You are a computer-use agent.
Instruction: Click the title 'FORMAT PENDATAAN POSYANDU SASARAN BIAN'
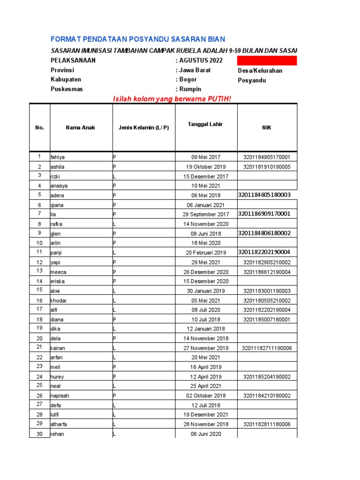(138, 39)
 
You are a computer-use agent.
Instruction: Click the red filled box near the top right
(267, 60)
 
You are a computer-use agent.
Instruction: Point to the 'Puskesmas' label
(67, 89)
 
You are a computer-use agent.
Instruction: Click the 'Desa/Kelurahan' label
(260, 71)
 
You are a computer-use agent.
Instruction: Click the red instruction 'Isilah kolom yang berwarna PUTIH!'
(172, 98)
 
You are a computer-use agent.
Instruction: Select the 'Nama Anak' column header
(80, 127)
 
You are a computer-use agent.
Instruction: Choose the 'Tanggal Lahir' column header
(205, 124)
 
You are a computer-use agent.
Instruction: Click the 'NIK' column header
(267, 127)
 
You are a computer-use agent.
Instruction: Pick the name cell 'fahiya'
(58, 157)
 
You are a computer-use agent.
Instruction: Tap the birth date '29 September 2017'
(206, 215)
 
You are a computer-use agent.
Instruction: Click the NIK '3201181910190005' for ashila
(267, 167)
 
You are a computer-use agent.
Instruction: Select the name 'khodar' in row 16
(59, 300)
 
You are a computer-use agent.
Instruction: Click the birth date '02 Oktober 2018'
(206, 396)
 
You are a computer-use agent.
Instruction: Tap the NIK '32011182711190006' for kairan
(267, 348)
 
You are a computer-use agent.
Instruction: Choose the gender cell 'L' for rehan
(115, 434)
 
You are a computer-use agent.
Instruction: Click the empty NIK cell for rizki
(267, 177)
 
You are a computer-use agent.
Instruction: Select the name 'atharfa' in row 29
(60, 424)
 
